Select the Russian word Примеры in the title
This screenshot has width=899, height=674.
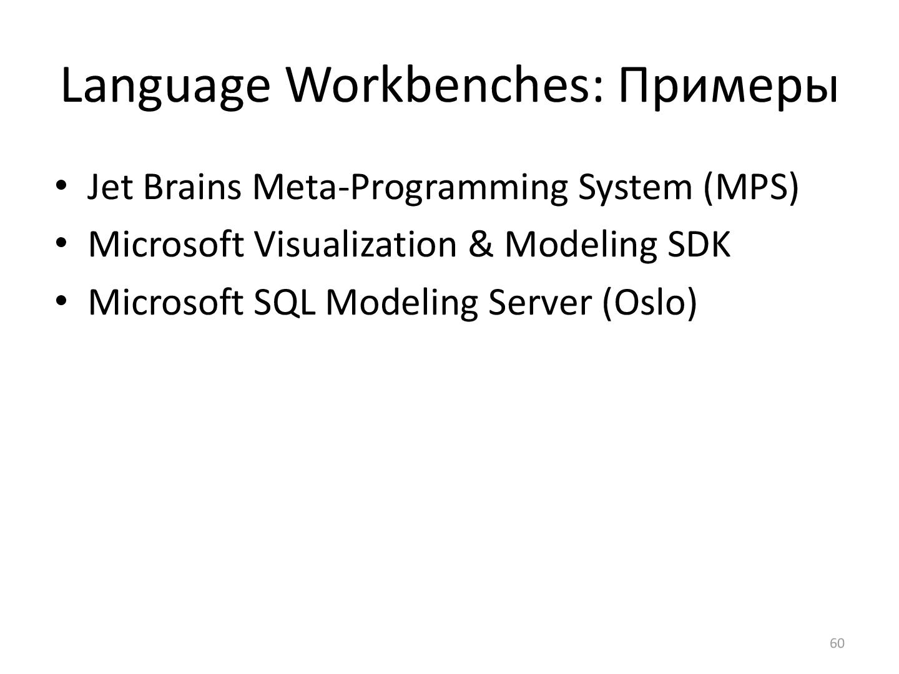coord(728,87)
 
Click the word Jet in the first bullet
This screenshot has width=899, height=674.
coord(110,187)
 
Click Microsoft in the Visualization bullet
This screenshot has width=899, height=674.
coord(165,244)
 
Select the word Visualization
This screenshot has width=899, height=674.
coord(355,244)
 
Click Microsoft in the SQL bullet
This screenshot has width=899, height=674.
coord(165,302)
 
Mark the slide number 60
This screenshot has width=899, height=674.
coord(837,643)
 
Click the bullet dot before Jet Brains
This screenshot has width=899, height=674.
coord(61,186)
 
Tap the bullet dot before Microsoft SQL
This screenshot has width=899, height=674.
coord(61,301)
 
